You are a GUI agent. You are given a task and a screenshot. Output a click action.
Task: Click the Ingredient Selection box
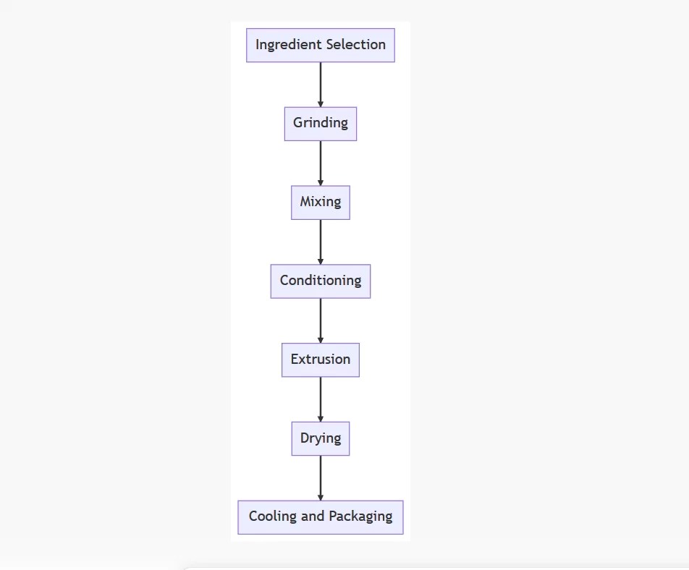pyautogui.click(x=321, y=45)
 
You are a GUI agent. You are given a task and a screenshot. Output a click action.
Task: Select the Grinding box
pyautogui.click(x=321, y=124)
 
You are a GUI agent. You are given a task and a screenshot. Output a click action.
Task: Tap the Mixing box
pyautogui.click(x=321, y=203)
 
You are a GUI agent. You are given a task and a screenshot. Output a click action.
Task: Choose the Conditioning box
pyautogui.click(x=321, y=281)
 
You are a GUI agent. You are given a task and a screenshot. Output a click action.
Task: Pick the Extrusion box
pyautogui.click(x=321, y=360)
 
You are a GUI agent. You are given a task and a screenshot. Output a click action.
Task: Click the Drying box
pyautogui.click(x=321, y=438)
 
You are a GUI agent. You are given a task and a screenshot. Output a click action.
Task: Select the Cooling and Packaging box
pyautogui.click(x=321, y=517)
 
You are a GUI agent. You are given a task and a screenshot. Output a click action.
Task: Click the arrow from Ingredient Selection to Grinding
pyautogui.click(x=321, y=84)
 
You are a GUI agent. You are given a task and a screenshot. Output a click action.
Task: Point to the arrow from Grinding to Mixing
pyautogui.click(x=321, y=163)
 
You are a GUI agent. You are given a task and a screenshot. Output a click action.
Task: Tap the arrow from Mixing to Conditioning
pyautogui.click(x=321, y=242)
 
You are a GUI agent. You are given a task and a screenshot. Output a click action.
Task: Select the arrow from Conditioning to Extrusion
pyautogui.click(x=321, y=320)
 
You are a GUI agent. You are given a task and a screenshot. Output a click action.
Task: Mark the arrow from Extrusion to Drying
pyautogui.click(x=321, y=399)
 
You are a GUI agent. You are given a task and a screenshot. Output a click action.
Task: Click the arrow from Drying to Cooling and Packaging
pyautogui.click(x=321, y=477)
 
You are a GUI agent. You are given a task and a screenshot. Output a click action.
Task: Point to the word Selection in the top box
pyautogui.click(x=355, y=45)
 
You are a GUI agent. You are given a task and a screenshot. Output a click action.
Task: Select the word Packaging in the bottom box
pyautogui.click(x=360, y=516)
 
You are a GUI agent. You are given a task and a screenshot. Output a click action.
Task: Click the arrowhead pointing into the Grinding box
pyautogui.click(x=321, y=104)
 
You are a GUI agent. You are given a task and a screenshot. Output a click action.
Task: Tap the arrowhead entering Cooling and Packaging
pyautogui.click(x=321, y=497)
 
